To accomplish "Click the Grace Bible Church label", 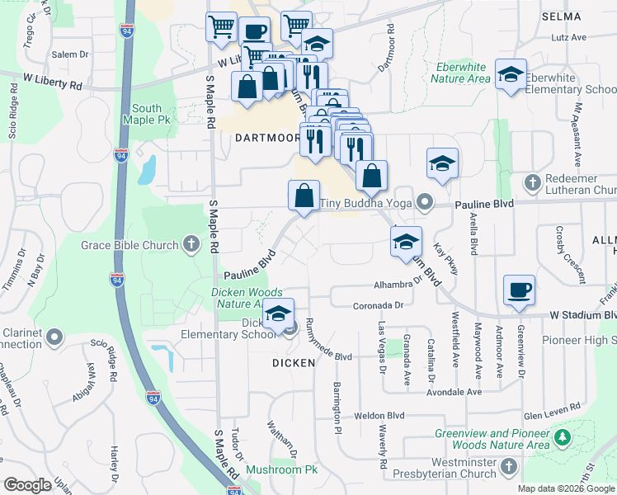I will (130, 245).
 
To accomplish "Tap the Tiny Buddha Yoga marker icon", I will (425, 201).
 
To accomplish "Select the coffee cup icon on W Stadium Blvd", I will (519, 290).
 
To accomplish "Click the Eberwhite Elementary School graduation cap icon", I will (511, 75).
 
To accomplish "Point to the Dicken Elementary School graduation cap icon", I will (280, 314).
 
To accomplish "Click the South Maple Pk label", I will (147, 115).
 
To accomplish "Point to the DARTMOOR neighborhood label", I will (264, 138).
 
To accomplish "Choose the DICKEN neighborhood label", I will (293, 362).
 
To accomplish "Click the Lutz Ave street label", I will (569, 37).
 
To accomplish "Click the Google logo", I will (27, 485).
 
